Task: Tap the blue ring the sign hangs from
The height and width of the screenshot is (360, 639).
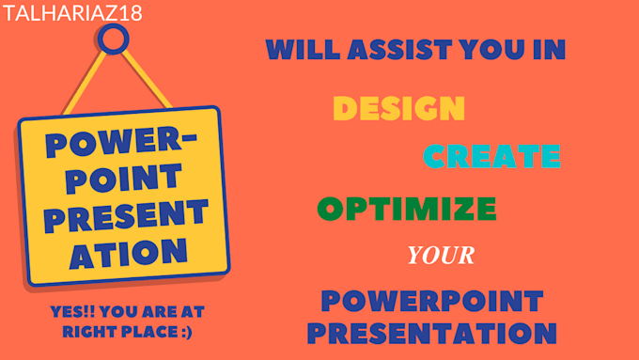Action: click(114, 39)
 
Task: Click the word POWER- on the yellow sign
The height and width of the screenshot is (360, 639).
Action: click(118, 146)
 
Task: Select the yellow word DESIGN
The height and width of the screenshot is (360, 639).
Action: click(398, 109)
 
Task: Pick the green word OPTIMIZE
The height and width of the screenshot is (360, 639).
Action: click(406, 207)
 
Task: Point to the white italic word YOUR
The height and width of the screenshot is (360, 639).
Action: click(440, 255)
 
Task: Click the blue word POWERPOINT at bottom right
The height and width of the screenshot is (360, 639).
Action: click(431, 301)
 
